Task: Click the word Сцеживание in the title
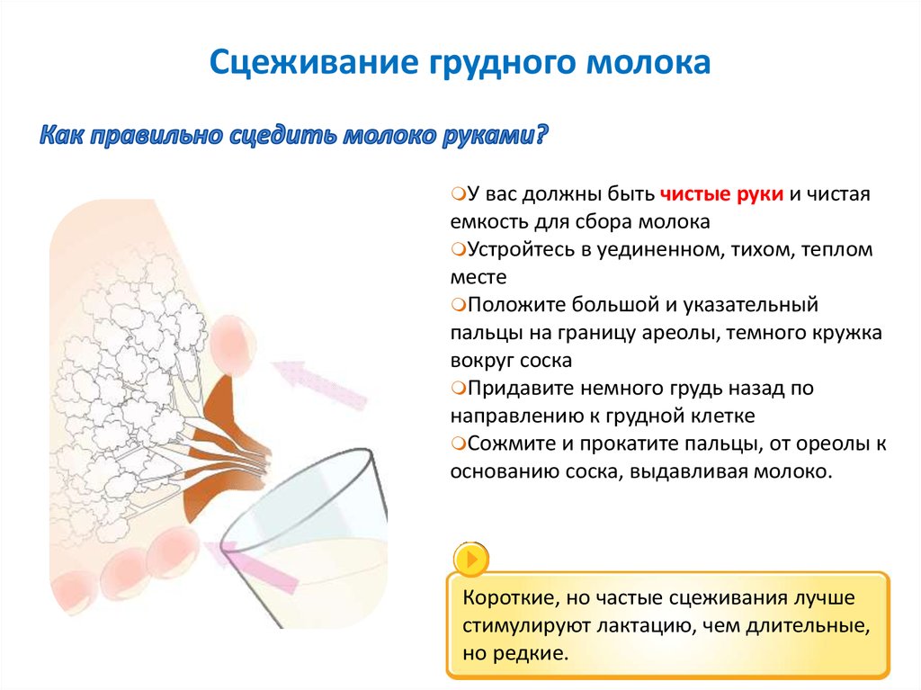tap(314, 62)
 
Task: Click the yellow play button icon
tap(471, 559)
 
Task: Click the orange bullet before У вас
tap(458, 193)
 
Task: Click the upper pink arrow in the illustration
tap(319, 384)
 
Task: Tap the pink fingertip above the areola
tap(233, 345)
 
